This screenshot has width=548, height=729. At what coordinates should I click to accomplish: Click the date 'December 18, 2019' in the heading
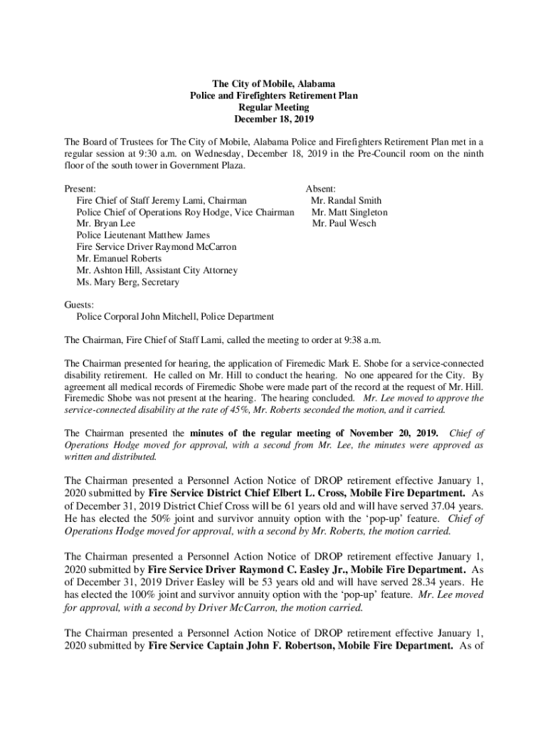274,119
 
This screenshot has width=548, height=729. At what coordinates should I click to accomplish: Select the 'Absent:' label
321,189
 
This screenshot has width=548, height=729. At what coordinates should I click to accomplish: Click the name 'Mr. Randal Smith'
347,201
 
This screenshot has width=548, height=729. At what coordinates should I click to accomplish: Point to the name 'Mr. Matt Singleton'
349,212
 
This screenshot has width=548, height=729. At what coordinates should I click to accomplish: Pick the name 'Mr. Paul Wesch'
344,224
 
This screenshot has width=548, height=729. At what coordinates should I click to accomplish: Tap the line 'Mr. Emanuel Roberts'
119,258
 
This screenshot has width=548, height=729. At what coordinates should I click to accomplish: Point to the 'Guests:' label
79,305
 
